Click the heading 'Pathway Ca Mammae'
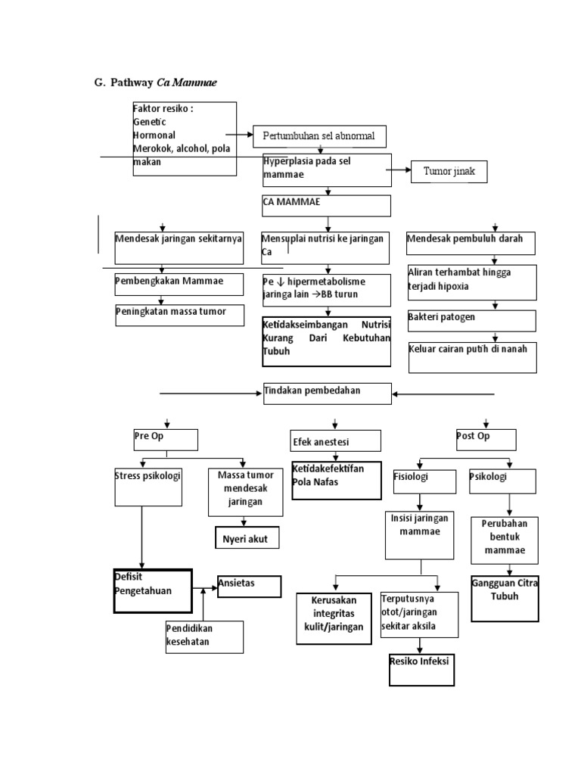pyautogui.click(x=155, y=82)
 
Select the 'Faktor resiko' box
pyautogui.click(x=184, y=139)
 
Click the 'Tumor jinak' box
pyautogui.click(x=449, y=172)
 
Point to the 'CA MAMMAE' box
pyautogui.click(x=327, y=206)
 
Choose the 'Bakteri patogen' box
pyautogui.click(x=472, y=320)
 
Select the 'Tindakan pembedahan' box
pyautogui.click(x=328, y=394)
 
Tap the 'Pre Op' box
pyautogui.click(x=166, y=440)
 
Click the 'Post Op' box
pyautogui.click(x=486, y=439)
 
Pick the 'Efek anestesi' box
pyautogui.click(x=335, y=441)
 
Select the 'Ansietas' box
pyautogui.click(x=249, y=586)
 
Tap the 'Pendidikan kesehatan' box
pyautogui.click(x=204, y=636)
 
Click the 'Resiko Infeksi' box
pyautogui.click(x=421, y=668)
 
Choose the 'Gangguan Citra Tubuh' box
pyautogui.click(x=505, y=598)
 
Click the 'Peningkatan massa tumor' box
pyautogui.click(x=179, y=315)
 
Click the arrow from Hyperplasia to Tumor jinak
pyautogui.click(x=399, y=171)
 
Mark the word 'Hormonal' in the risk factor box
pyautogui.click(x=154, y=135)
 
